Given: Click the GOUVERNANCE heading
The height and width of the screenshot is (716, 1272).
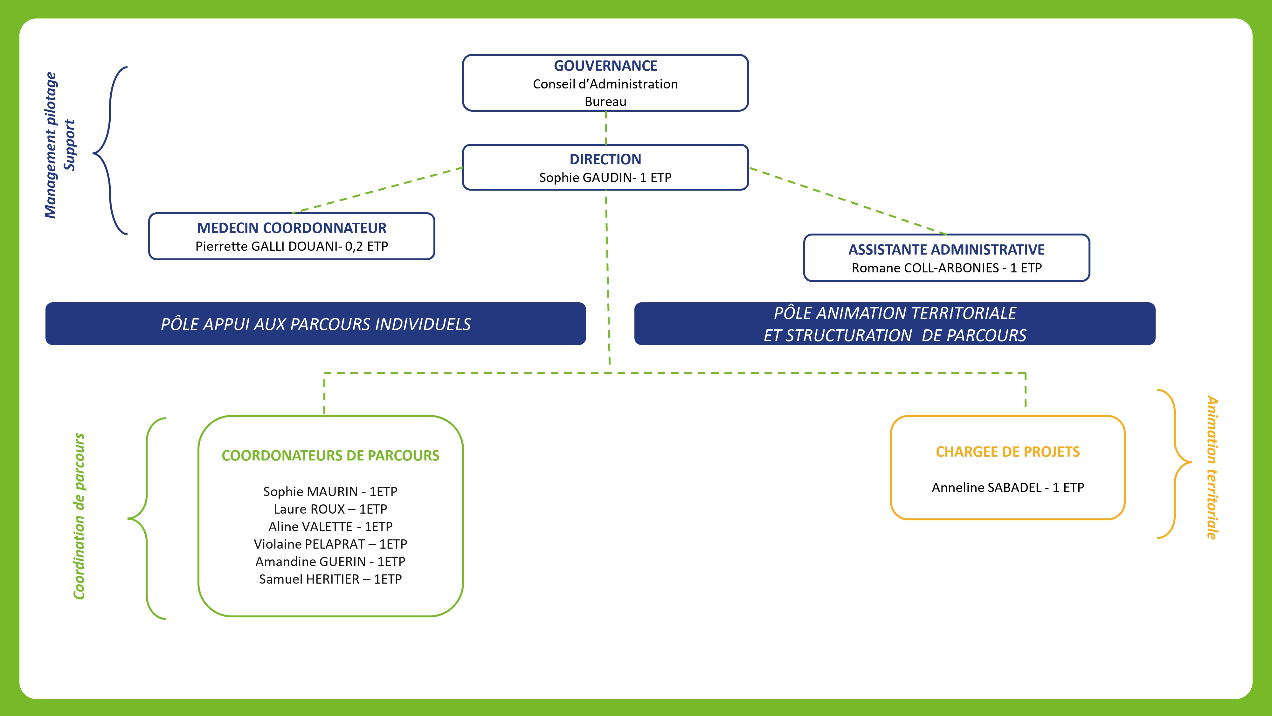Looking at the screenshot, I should [x=605, y=66].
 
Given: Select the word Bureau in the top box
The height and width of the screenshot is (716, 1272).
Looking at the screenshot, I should [x=605, y=102].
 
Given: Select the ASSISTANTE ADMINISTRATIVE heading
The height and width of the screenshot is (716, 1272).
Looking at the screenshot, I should [x=946, y=249].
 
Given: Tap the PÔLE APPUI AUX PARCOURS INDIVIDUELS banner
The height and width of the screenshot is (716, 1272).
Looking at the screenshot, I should [x=315, y=324].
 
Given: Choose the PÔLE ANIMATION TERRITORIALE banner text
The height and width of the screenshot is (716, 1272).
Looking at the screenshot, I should [x=895, y=313].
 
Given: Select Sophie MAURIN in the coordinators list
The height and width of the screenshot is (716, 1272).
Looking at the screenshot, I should [x=310, y=492].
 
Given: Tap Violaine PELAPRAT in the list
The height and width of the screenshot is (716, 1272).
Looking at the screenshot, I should [x=309, y=544].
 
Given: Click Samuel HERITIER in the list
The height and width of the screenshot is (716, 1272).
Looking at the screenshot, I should [x=309, y=579].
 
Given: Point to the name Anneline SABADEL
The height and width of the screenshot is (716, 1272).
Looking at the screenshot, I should [x=986, y=488].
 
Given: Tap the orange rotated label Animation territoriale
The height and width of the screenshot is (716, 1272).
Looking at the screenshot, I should [x=1212, y=467].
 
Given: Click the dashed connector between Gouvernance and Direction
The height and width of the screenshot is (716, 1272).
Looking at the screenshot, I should [x=606, y=128].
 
